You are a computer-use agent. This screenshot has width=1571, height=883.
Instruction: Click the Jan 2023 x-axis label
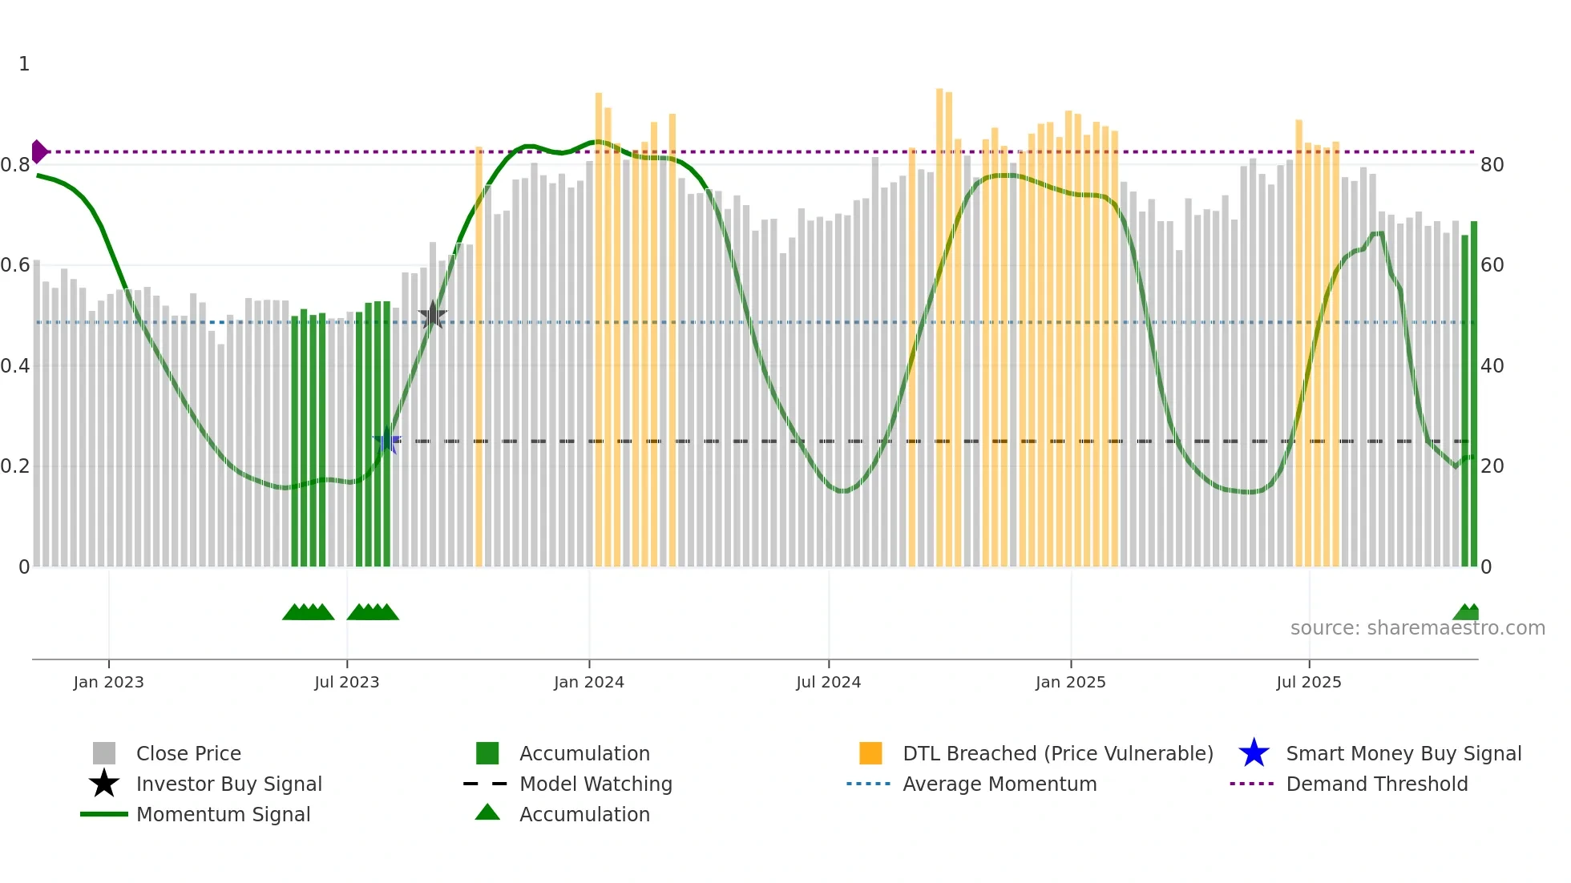coord(108,682)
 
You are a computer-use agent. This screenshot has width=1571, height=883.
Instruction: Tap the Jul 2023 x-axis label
coord(346,682)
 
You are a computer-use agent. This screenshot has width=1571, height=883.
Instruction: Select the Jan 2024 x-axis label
coord(588,682)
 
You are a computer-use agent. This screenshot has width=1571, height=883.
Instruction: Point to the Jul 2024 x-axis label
coord(828,682)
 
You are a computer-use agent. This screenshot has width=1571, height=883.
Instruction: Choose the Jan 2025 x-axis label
coord(1070,682)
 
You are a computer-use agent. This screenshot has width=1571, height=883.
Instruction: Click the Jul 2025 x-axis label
coord(1308,682)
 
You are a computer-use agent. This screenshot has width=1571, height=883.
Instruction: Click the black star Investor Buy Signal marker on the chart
coord(433,316)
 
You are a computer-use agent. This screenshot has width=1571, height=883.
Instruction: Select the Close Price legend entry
coord(188,753)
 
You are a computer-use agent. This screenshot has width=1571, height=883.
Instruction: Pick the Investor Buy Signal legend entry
coord(228,784)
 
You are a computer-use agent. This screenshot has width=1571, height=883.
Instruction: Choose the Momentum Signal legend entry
coord(223,814)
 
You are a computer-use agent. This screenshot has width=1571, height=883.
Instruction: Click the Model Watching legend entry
coord(596,784)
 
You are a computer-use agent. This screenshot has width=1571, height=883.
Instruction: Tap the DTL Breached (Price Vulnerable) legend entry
coord(1057,753)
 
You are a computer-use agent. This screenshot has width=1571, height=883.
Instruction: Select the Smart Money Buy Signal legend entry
coord(1403,753)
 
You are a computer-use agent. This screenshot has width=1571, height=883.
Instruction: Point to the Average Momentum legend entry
coord(1000,784)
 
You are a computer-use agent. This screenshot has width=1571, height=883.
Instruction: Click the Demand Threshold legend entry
coord(1376,784)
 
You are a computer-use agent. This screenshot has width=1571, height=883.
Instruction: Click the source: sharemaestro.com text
coord(1417,628)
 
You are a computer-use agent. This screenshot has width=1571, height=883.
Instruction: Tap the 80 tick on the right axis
coord(1492,165)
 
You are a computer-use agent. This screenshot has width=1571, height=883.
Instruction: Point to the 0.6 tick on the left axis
coord(16,265)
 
